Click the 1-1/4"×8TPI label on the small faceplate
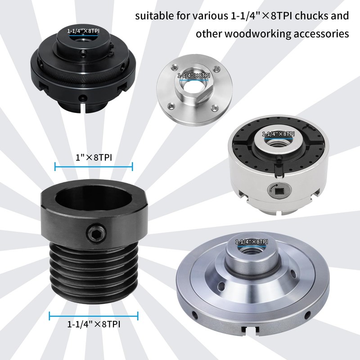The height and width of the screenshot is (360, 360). pos(194,76)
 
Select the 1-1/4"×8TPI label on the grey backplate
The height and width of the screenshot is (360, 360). pos(252,242)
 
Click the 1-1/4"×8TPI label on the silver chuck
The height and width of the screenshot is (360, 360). pos(279,134)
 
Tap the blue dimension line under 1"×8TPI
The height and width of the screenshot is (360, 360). pos(94,167)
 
